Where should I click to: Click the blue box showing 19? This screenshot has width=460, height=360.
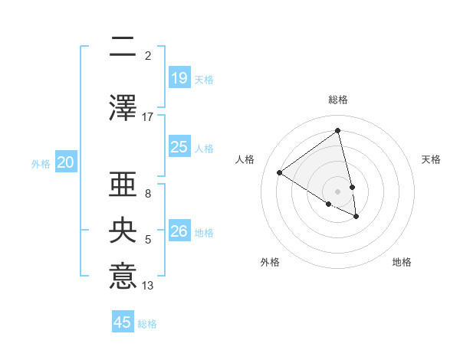click(x=179, y=77)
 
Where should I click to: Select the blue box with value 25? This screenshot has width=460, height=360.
click(x=179, y=147)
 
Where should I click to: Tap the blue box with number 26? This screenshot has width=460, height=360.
click(x=179, y=231)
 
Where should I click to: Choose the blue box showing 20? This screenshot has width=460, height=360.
click(x=66, y=162)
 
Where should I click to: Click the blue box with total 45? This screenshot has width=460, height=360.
click(x=123, y=322)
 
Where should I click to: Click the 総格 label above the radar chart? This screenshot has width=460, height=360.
click(x=338, y=100)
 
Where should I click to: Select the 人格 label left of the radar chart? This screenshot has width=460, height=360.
click(x=245, y=159)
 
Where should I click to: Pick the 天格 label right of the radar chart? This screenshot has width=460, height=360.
click(x=431, y=159)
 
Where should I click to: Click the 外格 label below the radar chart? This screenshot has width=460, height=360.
click(x=270, y=262)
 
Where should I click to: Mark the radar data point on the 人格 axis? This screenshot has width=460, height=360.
click(x=280, y=172)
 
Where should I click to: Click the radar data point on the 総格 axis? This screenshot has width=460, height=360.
click(x=338, y=131)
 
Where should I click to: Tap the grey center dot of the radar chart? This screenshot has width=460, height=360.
click(x=338, y=191)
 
